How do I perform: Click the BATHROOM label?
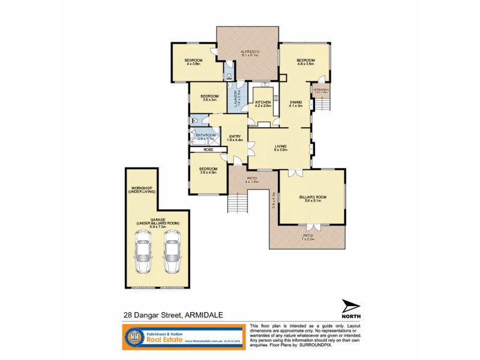coord(205,136)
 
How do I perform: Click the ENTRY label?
coord(235,137)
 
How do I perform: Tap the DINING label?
coord(296,103)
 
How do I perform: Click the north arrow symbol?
coord(351,306)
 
